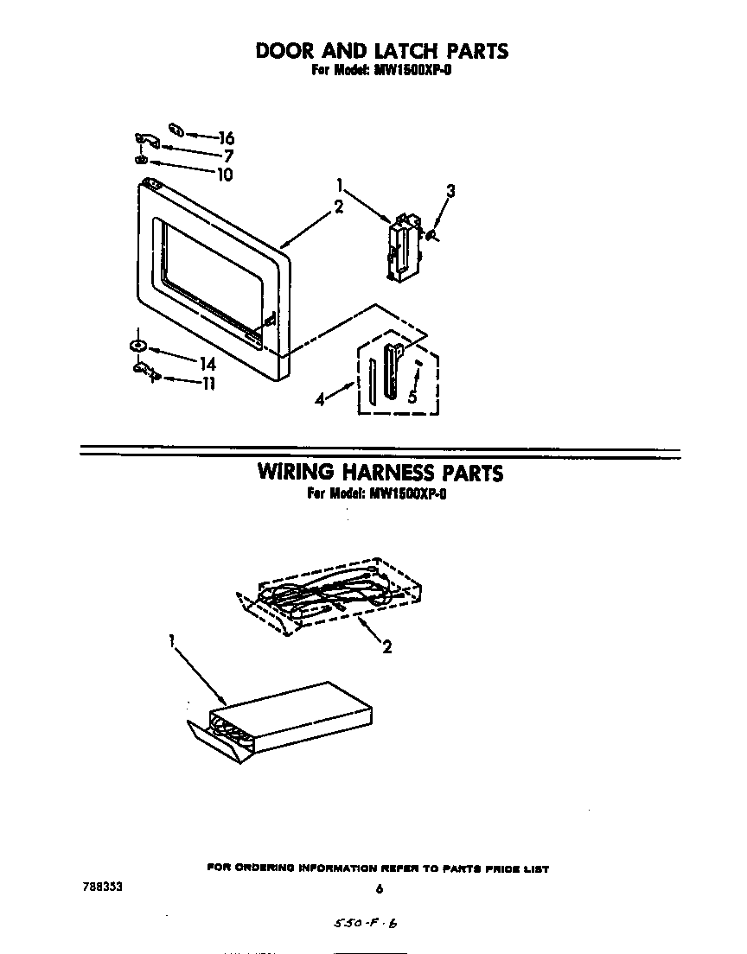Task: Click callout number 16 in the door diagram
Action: (x=227, y=138)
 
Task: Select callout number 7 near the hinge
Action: (x=229, y=156)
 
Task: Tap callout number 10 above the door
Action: (x=224, y=175)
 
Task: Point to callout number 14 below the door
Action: (x=207, y=365)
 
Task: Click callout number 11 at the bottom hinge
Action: (x=207, y=385)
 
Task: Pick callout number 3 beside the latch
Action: (x=450, y=192)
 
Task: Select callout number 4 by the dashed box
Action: (x=322, y=400)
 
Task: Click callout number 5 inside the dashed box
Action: (x=413, y=397)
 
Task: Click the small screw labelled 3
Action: (x=431, y=234)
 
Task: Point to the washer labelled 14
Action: (x=137, y=346)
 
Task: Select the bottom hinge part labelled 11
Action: (x=145, y=372)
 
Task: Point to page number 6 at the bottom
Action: (x=380, y=888)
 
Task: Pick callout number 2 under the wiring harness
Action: (x=386, y=646)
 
